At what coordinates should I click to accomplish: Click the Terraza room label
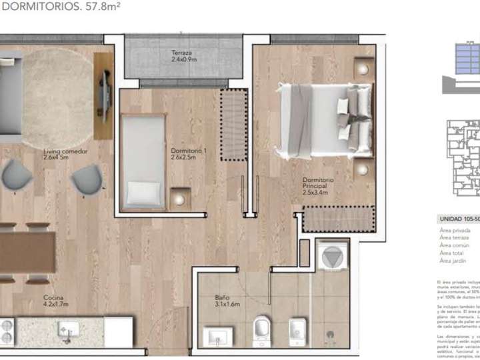[182, 53]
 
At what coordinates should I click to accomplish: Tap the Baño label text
[222, 298]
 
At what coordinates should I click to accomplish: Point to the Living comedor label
[65, 151]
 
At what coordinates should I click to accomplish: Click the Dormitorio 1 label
[189, 151]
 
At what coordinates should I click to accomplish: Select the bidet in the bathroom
[297, 328]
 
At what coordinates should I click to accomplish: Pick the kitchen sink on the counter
[69, 329]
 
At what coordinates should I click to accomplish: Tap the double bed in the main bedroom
[324, 120]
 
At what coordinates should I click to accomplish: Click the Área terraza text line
[455, 237]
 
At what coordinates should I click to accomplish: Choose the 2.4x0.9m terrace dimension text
[184, 60]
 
